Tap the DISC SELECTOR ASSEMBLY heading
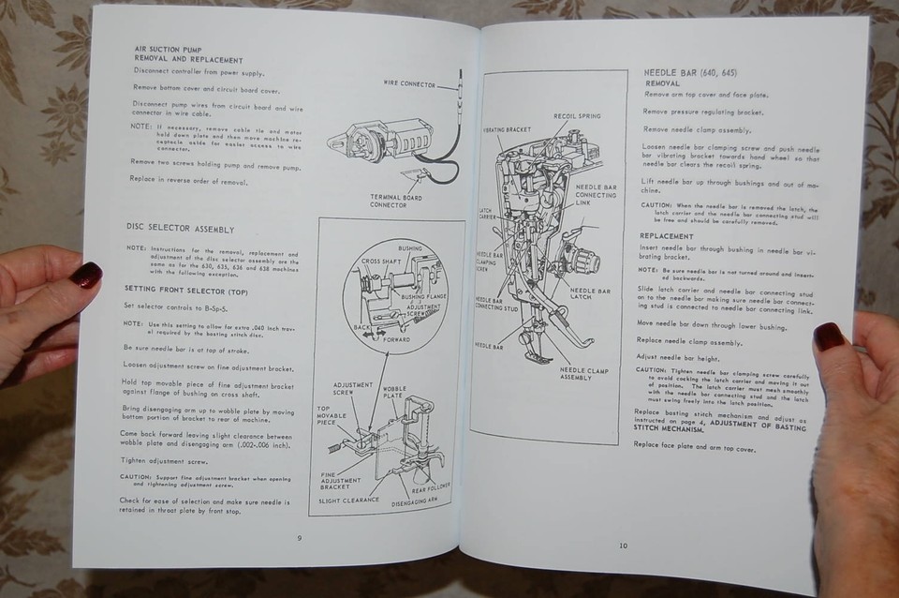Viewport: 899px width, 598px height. coord(180,228)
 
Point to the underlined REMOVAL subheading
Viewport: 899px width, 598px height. coord(662,83)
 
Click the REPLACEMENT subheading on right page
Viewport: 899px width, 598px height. coord(668,236)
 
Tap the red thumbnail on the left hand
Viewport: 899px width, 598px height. coord(87,275)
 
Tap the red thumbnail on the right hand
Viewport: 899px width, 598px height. coord(828,336)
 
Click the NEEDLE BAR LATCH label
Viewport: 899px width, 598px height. coord(591,296)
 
